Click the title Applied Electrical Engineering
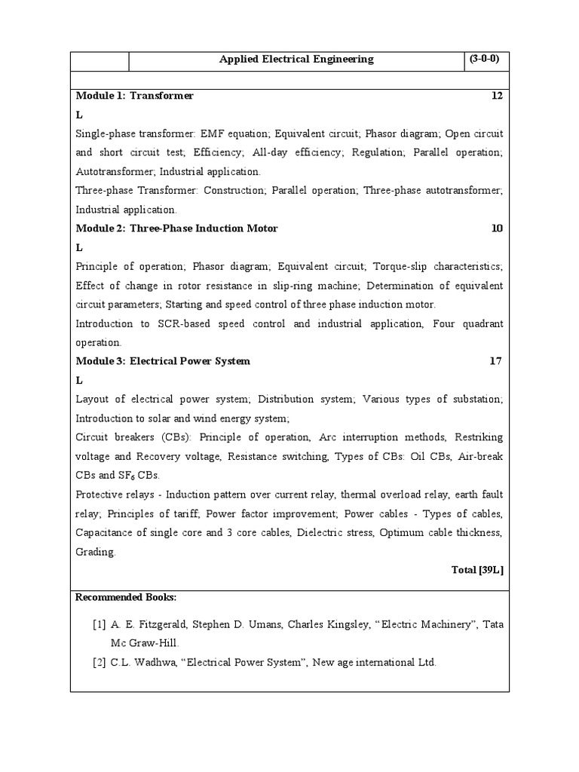click(296, 60)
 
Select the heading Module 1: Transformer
click(135, 96)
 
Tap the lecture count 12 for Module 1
click(496, 96)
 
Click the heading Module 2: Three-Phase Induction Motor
click(177, 228)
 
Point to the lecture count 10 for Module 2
click(496, 228)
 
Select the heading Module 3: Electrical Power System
click(163, 361)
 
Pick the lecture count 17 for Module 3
click(495, 361)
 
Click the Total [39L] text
click(476, 570)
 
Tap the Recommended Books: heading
click(127, 597)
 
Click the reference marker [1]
click(100, 625)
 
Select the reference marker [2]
click(100, 663)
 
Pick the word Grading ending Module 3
click(96, 552)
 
